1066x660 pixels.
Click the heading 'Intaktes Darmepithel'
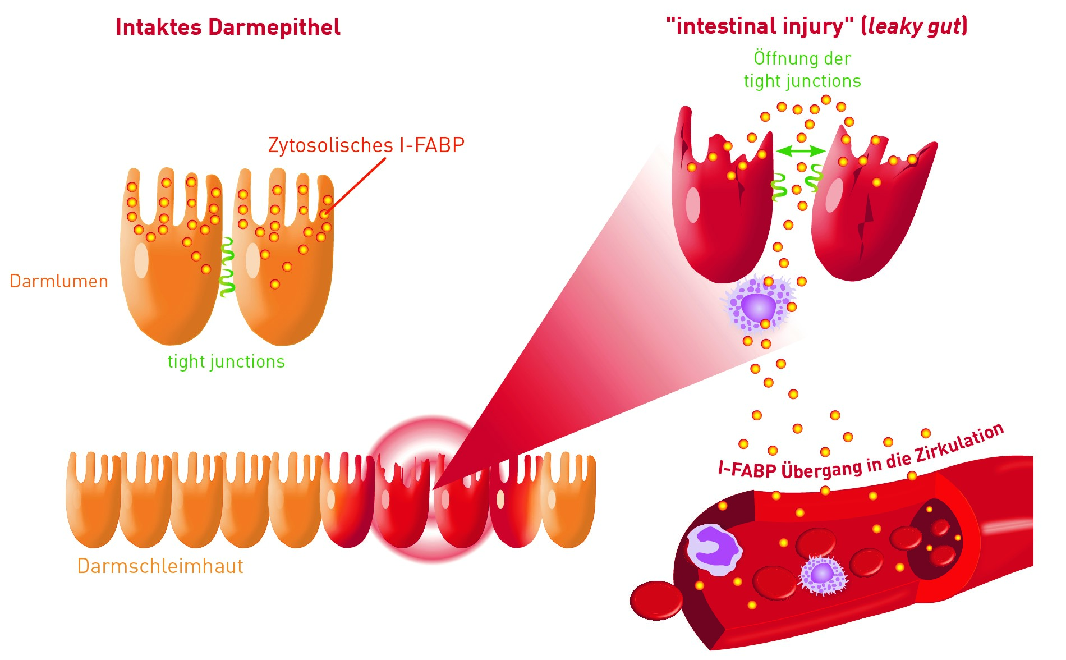[228, 27]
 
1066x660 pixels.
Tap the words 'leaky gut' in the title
[914, 26]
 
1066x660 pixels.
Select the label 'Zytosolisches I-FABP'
[366, 145]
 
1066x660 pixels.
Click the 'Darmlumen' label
[59, 281]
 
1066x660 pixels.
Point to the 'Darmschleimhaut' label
[160, 566]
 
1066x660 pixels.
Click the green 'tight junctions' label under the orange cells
[226, 362]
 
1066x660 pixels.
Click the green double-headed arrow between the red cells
[801, 151]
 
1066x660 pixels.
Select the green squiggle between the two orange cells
[227, 267]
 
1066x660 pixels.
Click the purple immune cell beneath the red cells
[759, 306]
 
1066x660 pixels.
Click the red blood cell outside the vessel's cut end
[656, 600]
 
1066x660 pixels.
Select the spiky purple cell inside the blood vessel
[823, 574]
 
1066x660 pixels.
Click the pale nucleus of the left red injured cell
[693, 204]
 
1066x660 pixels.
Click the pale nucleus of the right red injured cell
[834, 195]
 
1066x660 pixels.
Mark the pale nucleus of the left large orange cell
[141, 260]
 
